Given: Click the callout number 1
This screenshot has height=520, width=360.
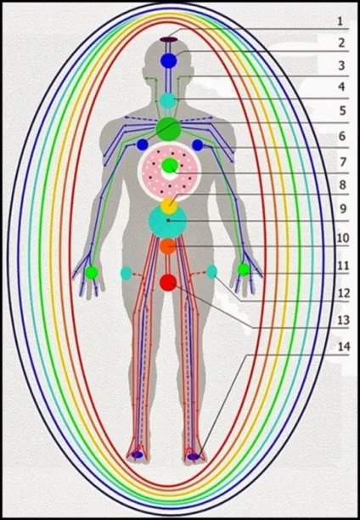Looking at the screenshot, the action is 340,21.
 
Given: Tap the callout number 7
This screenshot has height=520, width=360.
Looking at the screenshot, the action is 342,162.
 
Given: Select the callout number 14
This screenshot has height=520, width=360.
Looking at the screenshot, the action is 344,347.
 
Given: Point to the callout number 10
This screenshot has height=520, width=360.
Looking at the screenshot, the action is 343,238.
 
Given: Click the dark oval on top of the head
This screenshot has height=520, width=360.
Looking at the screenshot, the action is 169,39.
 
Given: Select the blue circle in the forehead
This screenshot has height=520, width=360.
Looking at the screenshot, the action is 169,60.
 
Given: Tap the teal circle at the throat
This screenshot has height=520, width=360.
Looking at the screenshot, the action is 168,100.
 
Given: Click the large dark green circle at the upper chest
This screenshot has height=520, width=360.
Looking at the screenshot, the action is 168,129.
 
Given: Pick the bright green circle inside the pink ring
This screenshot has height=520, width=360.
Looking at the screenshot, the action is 170,165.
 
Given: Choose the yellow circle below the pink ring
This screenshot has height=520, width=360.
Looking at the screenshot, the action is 169,206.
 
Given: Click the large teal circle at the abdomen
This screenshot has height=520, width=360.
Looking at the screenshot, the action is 168,222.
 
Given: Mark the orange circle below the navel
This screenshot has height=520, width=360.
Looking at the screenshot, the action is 168,246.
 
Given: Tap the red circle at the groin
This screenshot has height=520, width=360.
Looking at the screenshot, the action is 168,283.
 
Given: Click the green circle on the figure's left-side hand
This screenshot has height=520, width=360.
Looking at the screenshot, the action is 91,273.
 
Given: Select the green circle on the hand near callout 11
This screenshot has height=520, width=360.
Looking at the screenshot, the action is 244,269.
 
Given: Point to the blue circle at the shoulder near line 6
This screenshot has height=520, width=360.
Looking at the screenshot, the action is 198,145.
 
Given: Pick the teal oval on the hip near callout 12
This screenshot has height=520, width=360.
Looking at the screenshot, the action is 211,272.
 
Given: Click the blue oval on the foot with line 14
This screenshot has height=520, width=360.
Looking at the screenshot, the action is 194,456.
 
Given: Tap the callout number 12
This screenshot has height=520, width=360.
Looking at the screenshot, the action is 344,293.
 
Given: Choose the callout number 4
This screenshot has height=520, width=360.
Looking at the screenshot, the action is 342,87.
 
